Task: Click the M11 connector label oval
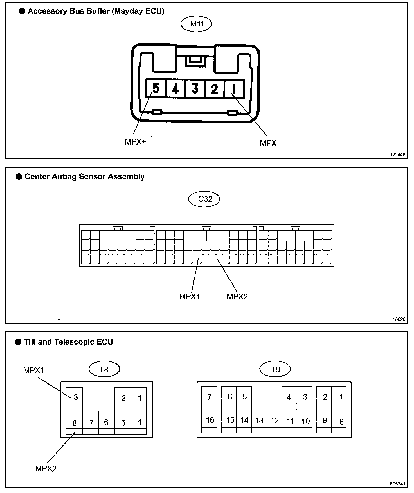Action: (196, 24)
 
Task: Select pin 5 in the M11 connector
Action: (156, 88)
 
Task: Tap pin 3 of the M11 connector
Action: (195, 89)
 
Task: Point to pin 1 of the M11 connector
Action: (234, 89)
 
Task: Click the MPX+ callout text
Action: (136, 141)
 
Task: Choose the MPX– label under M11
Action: (270, 143)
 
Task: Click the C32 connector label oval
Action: (204, 199)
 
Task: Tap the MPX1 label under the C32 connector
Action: (190, 296)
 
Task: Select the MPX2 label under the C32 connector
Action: (237, 296)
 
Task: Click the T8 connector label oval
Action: (104, 369)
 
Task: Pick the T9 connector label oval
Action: (275, 369)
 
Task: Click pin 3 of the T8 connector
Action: (75, 397)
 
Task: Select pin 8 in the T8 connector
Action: (75, 423)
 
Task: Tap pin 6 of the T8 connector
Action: (106, 422)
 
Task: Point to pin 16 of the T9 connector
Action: (210, 420)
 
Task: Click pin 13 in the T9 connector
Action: (259, 421)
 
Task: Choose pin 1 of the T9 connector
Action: (341, 397)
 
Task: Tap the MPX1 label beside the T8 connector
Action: (34, 370)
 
